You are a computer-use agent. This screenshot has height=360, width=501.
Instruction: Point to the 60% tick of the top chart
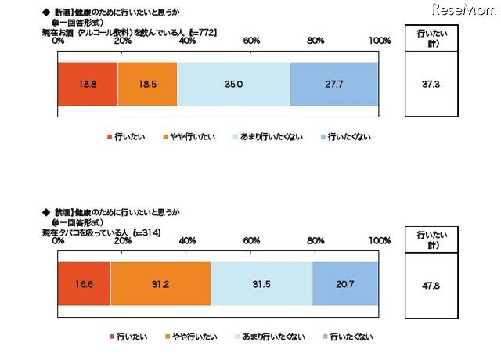[x=252, y=40]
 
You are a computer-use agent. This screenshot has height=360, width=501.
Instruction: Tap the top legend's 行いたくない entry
[x=348, y=137]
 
